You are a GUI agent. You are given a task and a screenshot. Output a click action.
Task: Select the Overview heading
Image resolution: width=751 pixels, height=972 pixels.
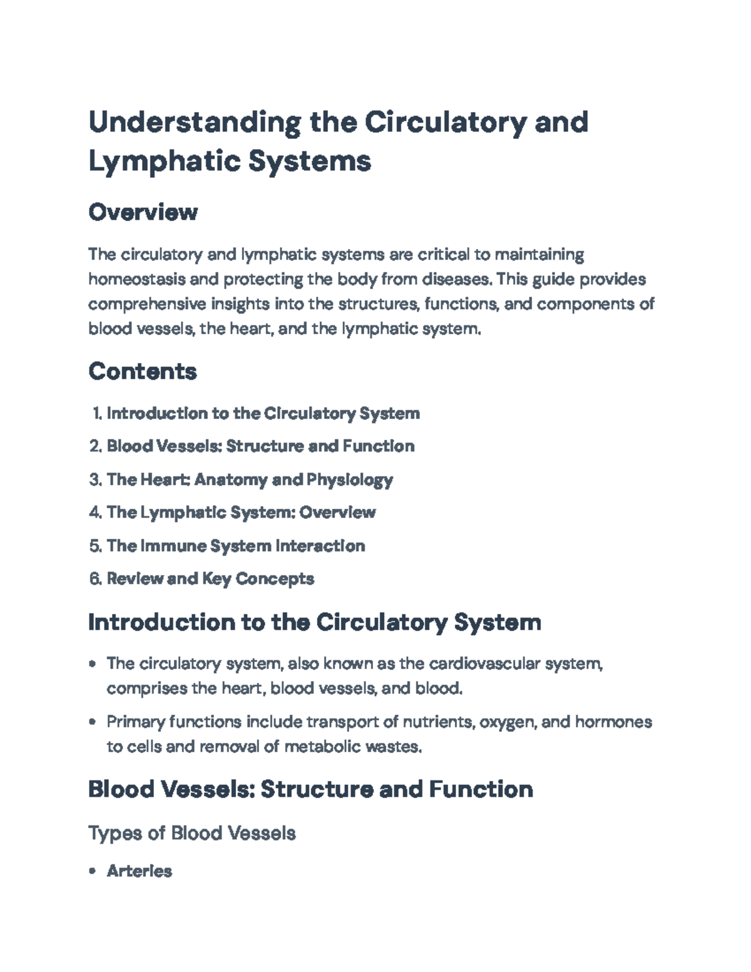143,212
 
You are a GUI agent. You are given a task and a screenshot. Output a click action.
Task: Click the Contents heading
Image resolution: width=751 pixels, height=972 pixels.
143,371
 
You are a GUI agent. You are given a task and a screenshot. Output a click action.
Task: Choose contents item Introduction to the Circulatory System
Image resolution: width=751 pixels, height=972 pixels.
263,413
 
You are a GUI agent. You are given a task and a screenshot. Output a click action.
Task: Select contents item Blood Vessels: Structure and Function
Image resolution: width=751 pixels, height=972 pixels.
260,446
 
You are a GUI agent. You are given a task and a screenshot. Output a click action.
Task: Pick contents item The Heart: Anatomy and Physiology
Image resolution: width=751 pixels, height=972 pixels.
250,479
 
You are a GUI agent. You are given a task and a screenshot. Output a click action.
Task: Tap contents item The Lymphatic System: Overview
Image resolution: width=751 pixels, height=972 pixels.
241,513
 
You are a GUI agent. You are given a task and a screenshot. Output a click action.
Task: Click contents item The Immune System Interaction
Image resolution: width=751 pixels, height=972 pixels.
236,546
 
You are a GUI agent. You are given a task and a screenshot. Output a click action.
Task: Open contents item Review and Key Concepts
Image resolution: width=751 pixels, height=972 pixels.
210,579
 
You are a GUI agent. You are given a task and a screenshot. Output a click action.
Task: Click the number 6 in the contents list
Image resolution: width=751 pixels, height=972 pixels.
95,579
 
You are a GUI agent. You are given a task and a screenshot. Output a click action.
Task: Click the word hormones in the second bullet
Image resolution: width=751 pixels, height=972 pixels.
613,722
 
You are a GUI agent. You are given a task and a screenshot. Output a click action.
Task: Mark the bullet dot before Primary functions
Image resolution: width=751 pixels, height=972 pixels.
93,722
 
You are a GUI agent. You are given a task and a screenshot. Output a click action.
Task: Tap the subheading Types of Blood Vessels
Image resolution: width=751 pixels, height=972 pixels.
192,833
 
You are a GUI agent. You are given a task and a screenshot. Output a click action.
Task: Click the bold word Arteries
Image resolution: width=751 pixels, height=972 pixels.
140,871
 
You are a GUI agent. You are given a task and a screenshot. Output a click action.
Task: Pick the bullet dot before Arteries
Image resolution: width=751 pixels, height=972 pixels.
93,871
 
